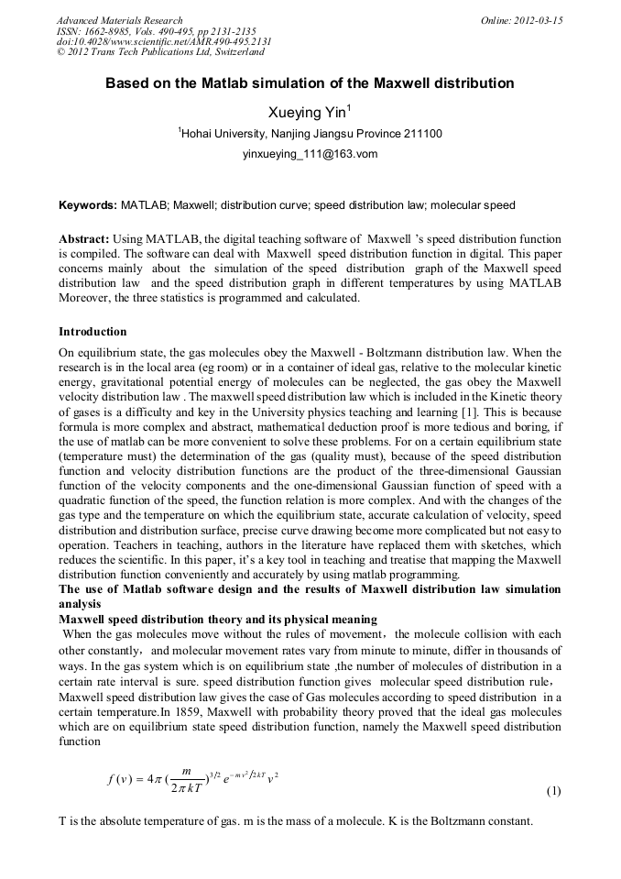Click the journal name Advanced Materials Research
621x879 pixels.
pyautogui.click(x=119, y=20)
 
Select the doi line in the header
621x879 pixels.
pyautogui.click(x=163, y=42)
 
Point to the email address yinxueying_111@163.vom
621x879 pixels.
pyautogui.click(x=310, y=155)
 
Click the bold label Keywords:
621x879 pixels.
pyautogui.click(x=87, y=205)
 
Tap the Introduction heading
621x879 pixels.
pyautogui.click(x=93, y=331)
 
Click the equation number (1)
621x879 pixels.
pyautogui.click(x=553, y=790)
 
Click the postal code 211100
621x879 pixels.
pyautogui.click(x=422, y=134)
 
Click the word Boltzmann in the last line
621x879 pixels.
pyautogui.click(x=474, y=820)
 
